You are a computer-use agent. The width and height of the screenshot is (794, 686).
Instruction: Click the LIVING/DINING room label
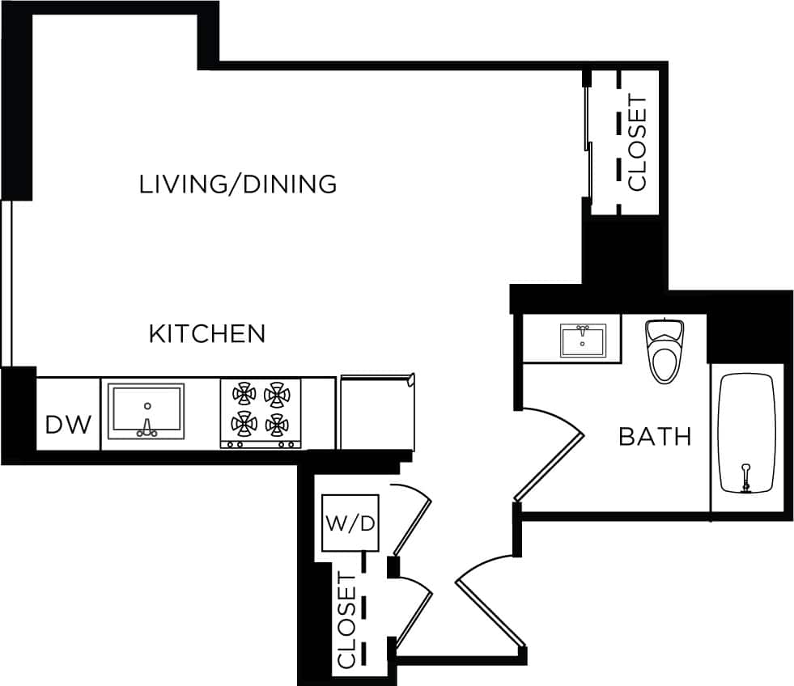[x=238, y=184]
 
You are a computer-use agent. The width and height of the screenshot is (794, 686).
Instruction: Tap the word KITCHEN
[x=207, y=333]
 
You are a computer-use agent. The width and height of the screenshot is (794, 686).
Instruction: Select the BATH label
[x=655, y=437]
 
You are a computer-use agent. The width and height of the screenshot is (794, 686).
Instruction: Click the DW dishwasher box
[x=68, y=423]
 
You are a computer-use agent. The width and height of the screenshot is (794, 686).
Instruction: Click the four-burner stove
[x=261, y=413]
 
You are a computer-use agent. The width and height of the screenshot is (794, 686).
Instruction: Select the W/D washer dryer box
[x=350, y=523]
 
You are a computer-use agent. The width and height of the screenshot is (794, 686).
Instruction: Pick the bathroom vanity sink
[x=582, y=341]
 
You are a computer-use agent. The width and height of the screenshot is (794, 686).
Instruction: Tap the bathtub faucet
[x=746, y=477]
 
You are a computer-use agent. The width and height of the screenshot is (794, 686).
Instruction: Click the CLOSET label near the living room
[x=638, y=142]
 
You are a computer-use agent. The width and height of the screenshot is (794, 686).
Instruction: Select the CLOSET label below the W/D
[x=346, y=620]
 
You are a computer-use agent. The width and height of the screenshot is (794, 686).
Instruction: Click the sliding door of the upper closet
[x=588, y=142]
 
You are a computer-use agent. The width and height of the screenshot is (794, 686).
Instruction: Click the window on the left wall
[x=6, y=283]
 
